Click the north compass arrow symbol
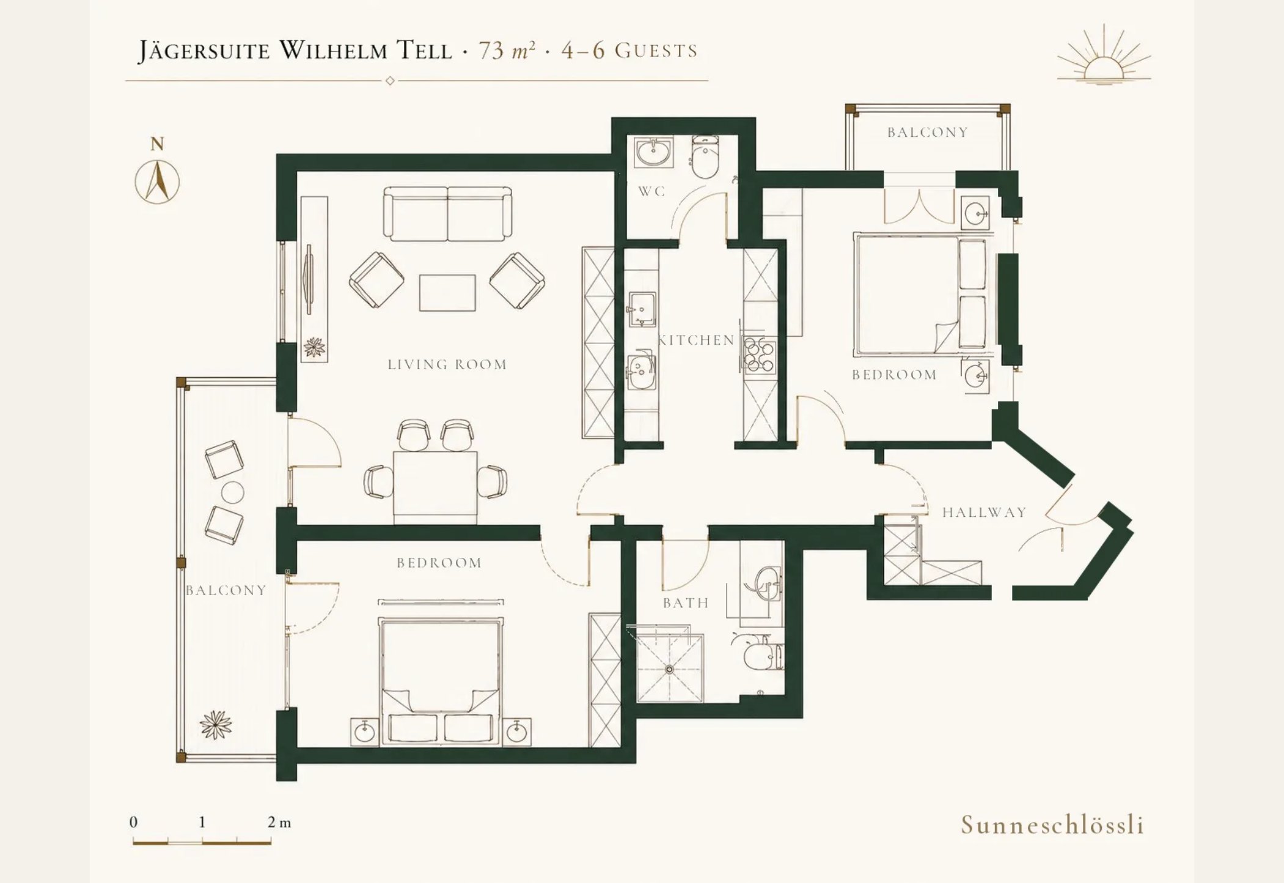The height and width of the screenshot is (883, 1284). pyautogui.click(x=158, y=181)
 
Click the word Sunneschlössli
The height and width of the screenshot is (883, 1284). pyautogui.click(x=1052, y=825)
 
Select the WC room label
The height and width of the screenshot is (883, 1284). pyautogui.click(x=651, y=191)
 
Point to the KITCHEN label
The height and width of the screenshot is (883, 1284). pyautogui.click(x=696, y=340)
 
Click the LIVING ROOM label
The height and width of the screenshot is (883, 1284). pyautogui.click(x=447, y=364)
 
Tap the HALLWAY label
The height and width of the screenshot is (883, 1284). pyautogui.click(x=984, y=512)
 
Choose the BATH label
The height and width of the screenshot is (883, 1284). pyautogui.click(x=686, y=603)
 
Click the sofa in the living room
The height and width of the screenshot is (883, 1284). pyautogui.click(x=447, y=214)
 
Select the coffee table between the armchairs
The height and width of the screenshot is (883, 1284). pyautogui.click(x=447, y=293)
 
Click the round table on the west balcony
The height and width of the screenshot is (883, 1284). pyautogui.click(x=232, y=492)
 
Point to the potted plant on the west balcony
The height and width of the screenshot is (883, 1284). pyautogui.click(x=216, y=725)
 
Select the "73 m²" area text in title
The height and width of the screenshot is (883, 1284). pyautogui.click(x=507, y=50)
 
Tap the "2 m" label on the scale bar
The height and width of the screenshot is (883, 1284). pyautogui.click(x=279, y=822)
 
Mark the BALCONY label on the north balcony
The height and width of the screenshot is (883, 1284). pyautogui.click(x=928, y=132)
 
